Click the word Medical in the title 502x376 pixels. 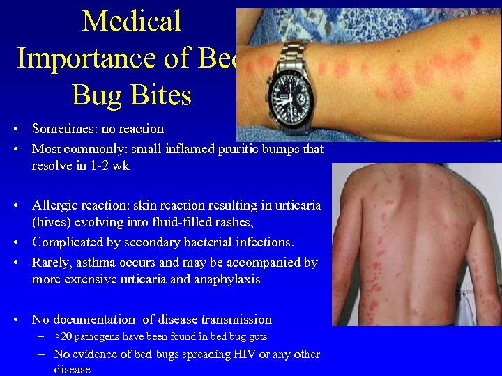click(x=132, y=22)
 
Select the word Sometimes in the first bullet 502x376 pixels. click(x=63, y=129)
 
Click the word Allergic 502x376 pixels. click(x=55, y=205)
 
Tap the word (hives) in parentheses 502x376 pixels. click(x=50, y=224)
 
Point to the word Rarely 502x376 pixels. click(x=50, y=263)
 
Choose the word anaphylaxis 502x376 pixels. click(x=228, y=279)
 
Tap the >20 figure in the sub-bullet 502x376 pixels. click(x=63, y=337)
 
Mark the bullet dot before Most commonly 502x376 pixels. click(x=15, y=148)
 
